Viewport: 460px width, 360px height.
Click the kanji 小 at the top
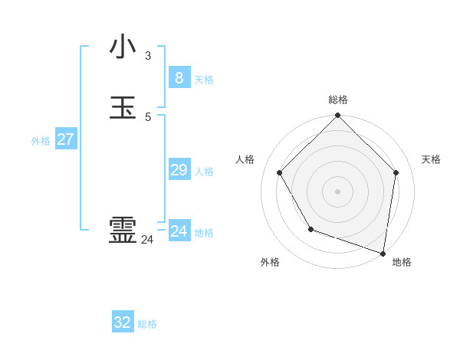point(123,47)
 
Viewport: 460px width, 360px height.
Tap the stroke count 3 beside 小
point(147,56)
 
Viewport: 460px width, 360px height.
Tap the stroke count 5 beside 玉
point(147,117)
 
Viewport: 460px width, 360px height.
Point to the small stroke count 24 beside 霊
point(147,240)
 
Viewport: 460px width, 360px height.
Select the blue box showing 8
point(179,77)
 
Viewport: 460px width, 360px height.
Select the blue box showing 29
point(179,170)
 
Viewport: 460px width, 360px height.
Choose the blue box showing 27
point(65,139)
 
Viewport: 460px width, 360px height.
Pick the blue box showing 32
point(123,322)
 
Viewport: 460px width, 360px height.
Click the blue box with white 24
point(179,231)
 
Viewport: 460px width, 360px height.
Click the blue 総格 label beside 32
point(147,324)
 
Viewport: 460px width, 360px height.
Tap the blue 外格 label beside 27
point(41,141)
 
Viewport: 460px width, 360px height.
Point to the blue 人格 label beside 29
point(204,172)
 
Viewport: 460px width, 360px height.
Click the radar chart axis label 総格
point(338,100)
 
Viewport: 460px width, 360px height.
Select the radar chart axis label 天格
point(431,159)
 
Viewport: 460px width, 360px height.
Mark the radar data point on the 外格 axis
point(310,229)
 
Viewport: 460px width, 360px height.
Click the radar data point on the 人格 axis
point(280,172)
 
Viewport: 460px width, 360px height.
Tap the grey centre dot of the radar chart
point(338,191)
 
